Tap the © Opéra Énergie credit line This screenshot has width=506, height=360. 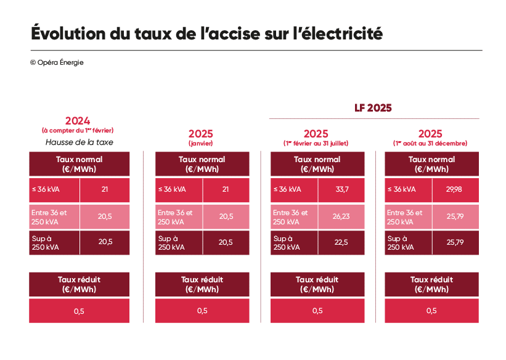[56, 62]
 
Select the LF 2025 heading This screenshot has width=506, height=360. [373, 108]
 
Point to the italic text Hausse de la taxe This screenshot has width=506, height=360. [79, 142]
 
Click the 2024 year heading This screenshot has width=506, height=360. [78, 121]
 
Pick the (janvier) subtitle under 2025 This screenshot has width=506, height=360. [201, 143]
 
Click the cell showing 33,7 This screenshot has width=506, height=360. [342, 190]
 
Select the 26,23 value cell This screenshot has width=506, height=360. [342, 216]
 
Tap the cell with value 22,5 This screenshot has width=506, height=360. [342, 242]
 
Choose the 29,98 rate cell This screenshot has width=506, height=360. [456, 190]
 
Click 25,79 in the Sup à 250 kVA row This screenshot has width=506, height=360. [456, 242]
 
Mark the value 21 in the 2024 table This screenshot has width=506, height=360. [105, 190]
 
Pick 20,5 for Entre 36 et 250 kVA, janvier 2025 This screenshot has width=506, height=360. [226, 216]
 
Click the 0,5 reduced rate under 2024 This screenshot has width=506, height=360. [79, 311]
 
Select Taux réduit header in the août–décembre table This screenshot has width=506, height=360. [431, 284]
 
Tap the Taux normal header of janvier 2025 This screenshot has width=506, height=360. [202, 164]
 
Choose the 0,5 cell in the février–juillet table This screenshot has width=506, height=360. [317, 311]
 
